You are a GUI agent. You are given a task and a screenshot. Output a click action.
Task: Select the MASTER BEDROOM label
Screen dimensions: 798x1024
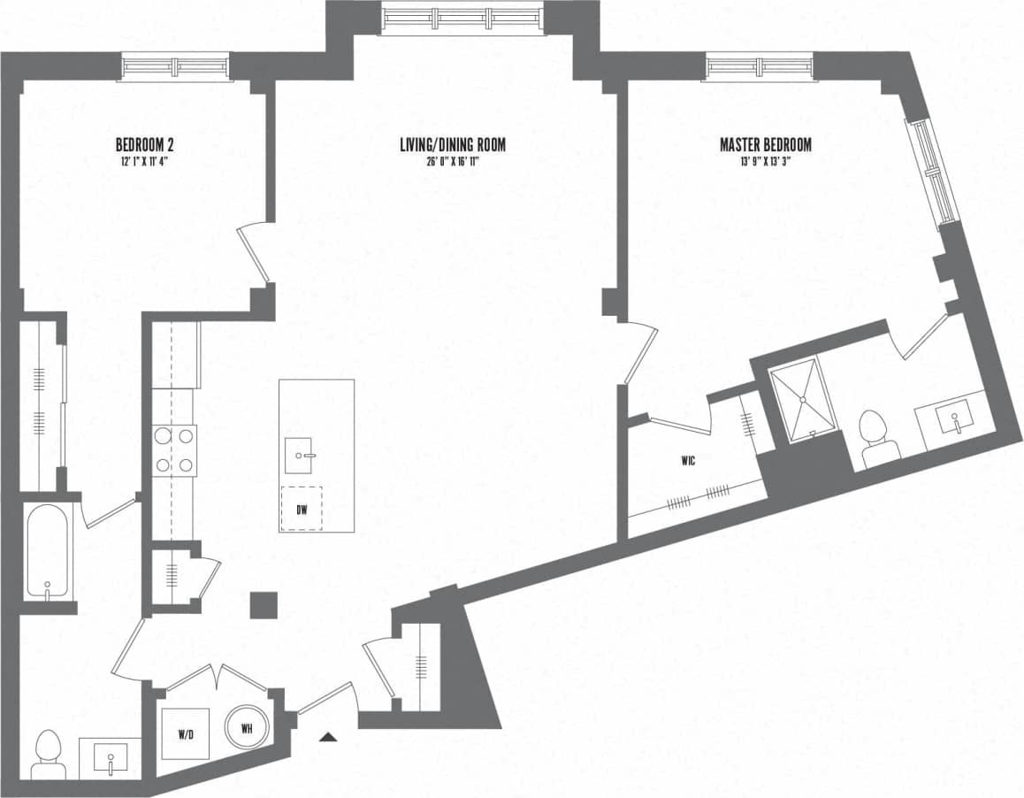tap(765, 144)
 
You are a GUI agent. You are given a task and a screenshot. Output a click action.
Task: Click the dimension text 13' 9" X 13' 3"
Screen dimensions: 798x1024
tap(765, 161)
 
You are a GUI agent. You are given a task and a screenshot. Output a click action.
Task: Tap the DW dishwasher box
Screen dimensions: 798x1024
tap(302, 510)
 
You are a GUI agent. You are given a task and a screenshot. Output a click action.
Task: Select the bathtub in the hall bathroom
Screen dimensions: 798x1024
tap(45, 550)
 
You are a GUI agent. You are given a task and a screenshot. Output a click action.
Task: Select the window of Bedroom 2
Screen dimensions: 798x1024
tap(175, 67)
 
